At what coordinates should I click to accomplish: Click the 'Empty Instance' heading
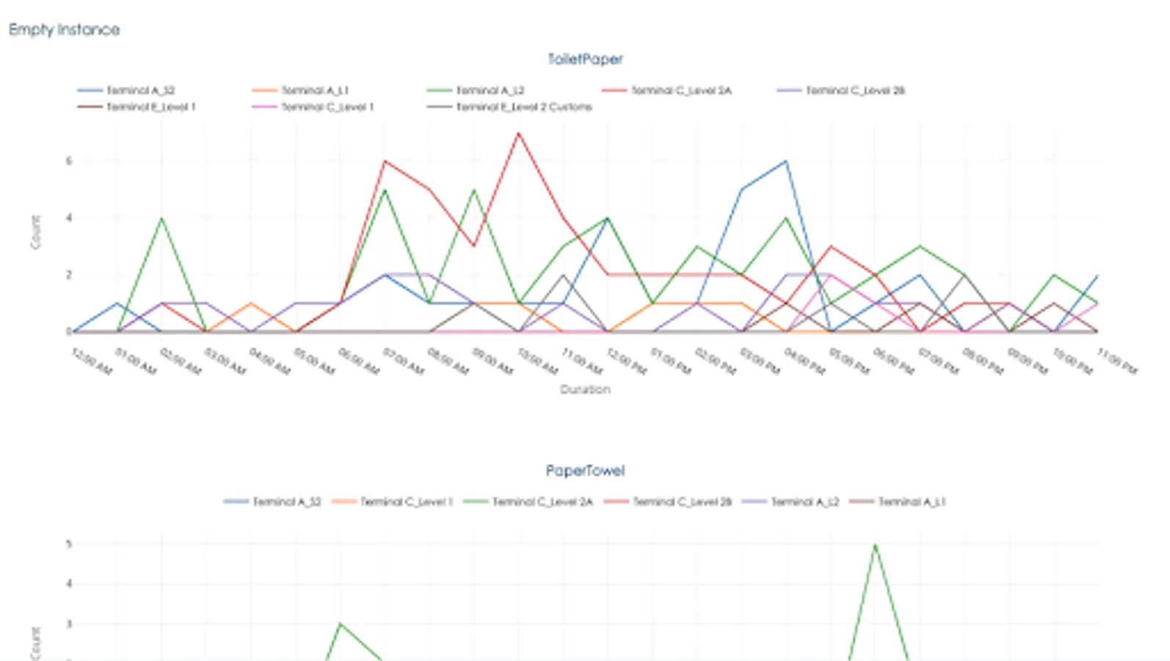pos(64,29)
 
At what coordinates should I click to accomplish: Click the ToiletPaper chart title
pos(585,59)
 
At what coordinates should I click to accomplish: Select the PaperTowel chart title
pos(585,470)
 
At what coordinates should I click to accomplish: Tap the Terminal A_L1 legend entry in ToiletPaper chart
pos(314,90)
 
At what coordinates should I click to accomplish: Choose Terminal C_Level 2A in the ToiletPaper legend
pos(680,90)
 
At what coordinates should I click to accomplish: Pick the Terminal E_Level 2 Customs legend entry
pos(523,107)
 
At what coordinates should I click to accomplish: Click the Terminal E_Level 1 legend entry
pos(150,107)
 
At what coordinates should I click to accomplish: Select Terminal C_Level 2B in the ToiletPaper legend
pos(854,90)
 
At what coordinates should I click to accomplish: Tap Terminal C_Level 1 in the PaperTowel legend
pos(406,502)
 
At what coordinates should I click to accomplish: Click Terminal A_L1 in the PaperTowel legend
pos(912,502)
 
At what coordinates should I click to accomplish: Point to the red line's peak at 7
pos(518,134)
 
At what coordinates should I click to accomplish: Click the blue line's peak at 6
pos(786,162)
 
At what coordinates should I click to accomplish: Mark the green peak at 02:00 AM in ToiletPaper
pos(161,218)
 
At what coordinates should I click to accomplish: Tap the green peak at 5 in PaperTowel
pos(875,545)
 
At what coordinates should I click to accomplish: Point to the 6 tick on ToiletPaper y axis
pos(69,161)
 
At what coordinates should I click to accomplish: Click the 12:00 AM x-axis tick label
pos(92,361)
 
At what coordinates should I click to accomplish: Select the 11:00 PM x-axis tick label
pos(1116,361)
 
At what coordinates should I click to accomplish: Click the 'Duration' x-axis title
pos(585,389)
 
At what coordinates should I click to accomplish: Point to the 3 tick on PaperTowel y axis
pos(69,624)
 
